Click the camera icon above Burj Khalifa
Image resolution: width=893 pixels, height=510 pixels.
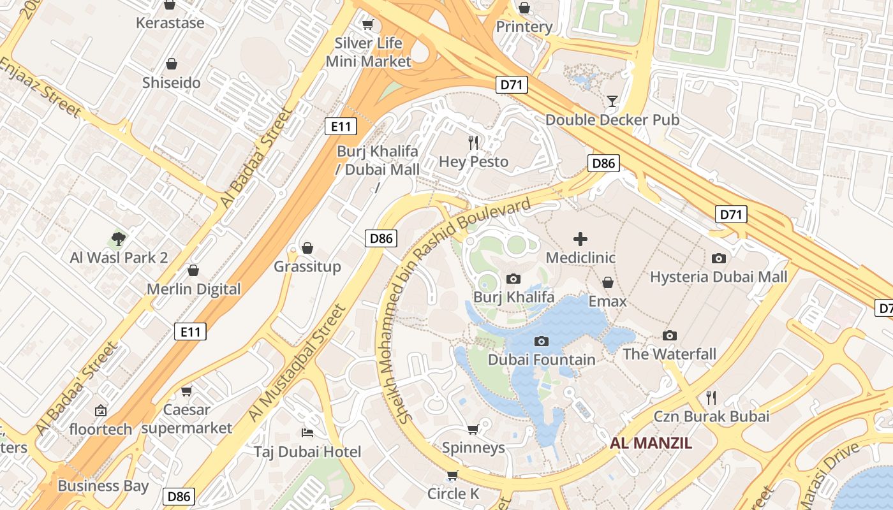513,279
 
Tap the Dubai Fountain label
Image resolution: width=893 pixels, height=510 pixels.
541,360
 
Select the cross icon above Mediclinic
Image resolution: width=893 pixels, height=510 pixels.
580,239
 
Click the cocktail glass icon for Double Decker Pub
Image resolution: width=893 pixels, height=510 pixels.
612,101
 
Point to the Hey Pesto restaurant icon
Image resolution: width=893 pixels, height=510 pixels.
473,142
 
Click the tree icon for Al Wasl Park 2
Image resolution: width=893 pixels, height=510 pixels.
118,239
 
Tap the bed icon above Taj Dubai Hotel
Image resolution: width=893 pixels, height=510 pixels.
307,433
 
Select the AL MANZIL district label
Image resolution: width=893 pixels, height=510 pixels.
651,443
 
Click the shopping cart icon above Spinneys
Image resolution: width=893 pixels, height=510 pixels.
473,429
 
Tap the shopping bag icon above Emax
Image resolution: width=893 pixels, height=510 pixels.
608,282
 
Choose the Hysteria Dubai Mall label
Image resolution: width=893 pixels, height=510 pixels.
718,277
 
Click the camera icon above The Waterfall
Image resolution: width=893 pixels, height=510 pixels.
669,335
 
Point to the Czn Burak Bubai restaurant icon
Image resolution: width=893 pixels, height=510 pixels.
711,398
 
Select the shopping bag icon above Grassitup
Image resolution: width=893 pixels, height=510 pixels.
307,247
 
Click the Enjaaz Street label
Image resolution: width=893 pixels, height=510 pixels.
40,87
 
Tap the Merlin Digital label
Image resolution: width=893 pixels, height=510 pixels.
194,289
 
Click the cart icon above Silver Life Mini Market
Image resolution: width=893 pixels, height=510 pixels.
367,24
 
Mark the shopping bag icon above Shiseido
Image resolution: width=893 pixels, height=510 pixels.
171,64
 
